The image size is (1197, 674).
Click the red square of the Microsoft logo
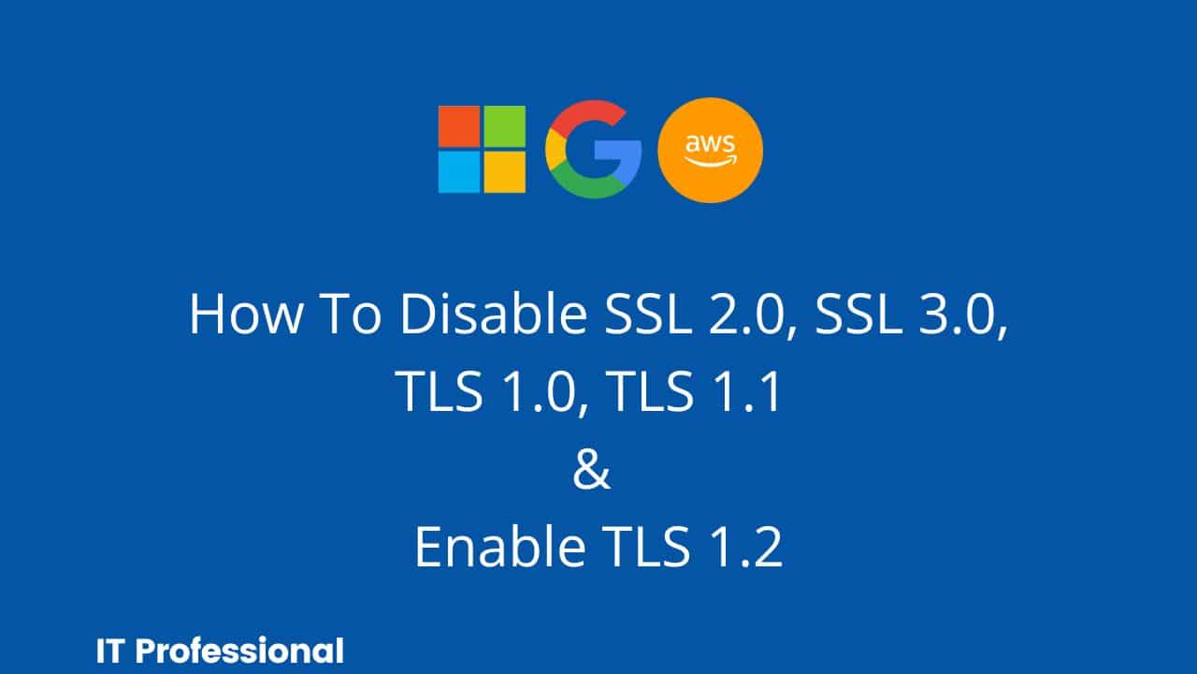(459, 126)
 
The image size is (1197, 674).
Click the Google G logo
(593, 150)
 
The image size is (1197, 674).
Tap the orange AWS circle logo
(711, 151)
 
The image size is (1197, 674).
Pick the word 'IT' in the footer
(109, 651)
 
